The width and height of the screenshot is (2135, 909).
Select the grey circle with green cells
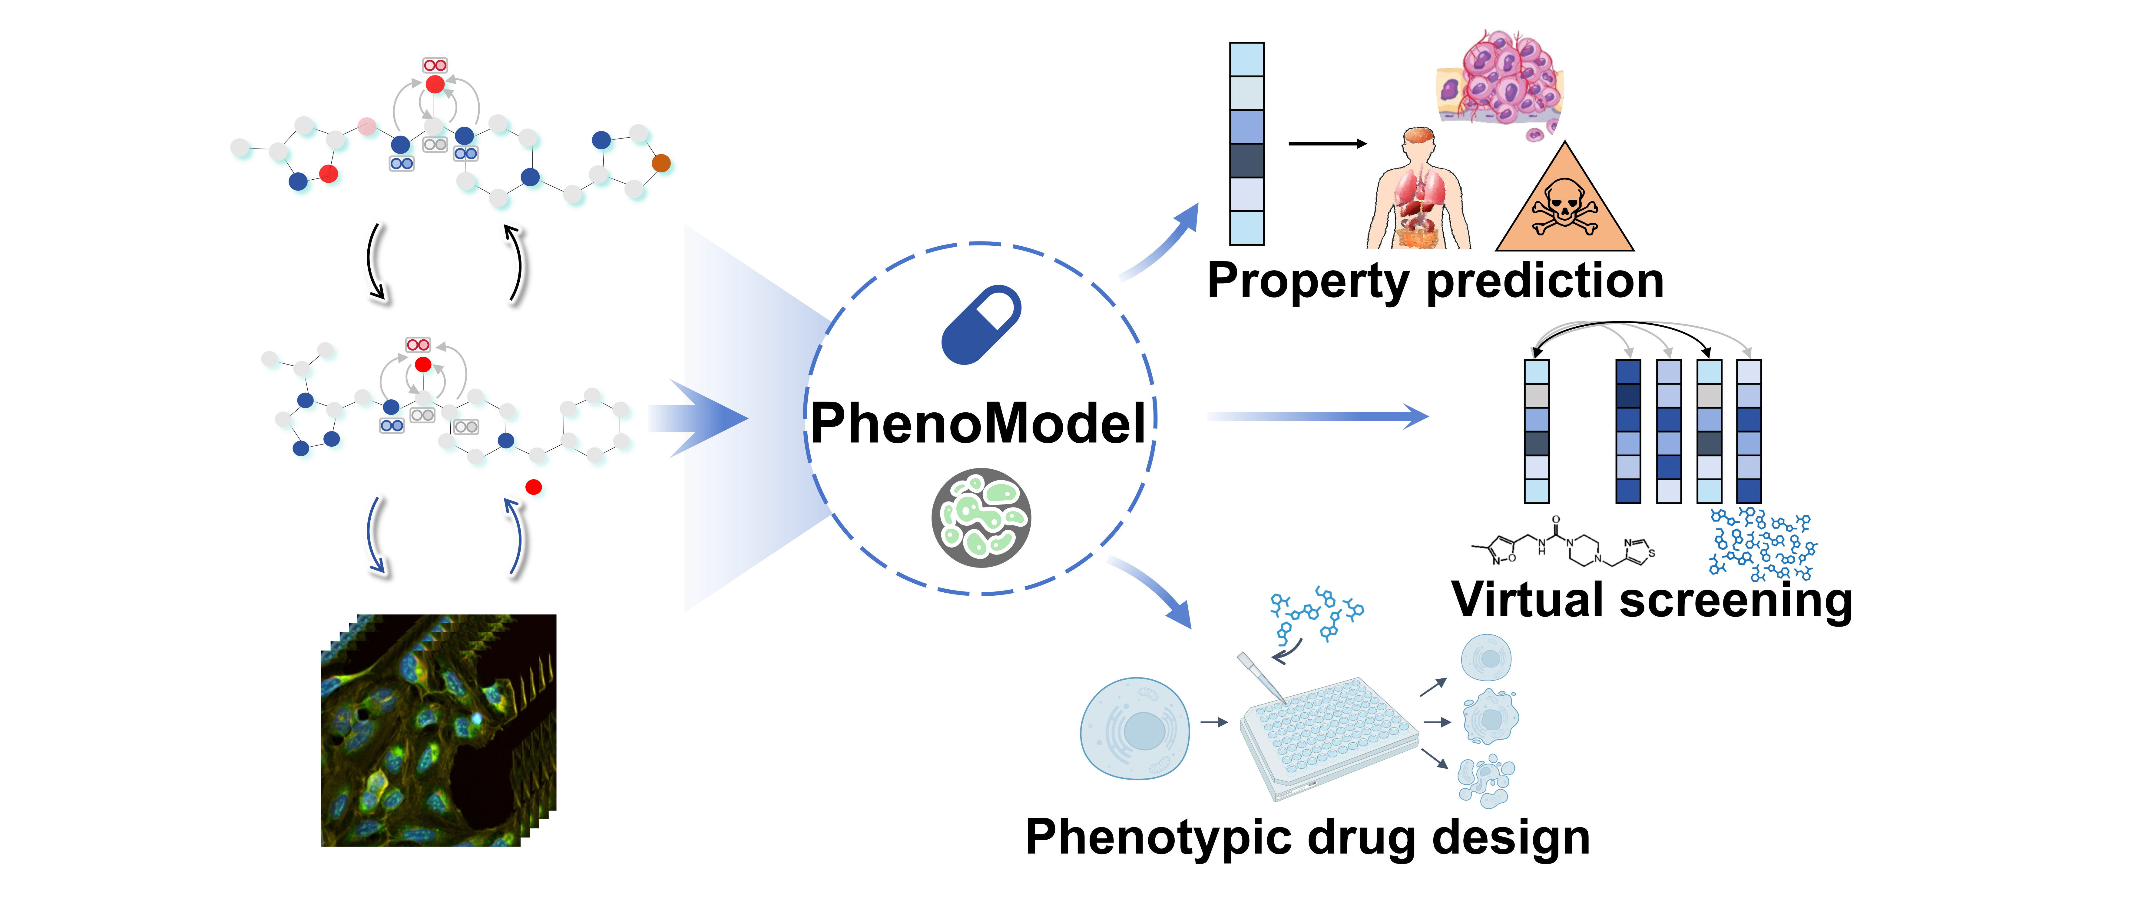point(981,518)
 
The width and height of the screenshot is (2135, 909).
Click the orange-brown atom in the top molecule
point(660,163)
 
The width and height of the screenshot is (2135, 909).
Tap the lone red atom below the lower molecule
point(534,487)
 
